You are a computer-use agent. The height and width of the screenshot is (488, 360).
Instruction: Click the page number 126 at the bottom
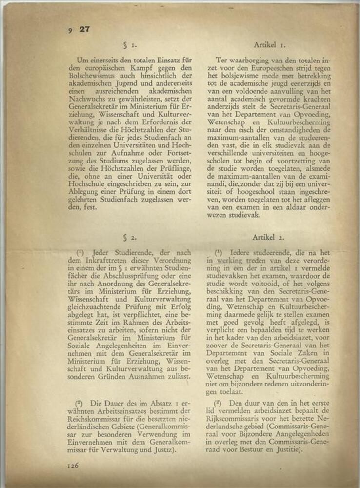pyautogui.click(x=73, y=466)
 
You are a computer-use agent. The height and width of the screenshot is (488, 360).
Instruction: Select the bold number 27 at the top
pyautogui.click(x=84, y=29)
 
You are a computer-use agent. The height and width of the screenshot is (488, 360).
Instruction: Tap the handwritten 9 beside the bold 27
pyautogui.click(x=71, y=30)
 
